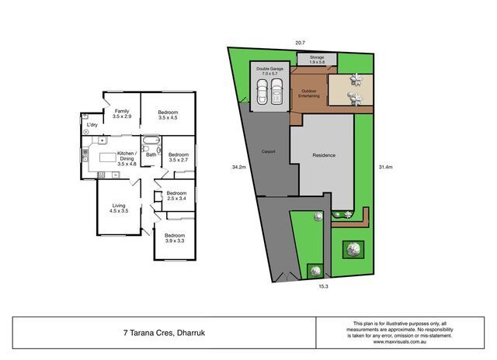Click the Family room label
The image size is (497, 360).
[x=122, y=114]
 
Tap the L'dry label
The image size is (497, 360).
[x=92, y=125]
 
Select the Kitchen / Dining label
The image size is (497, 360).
[x=127, y=158]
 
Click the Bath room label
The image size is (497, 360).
[x=151, y=155]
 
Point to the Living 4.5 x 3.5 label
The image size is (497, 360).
[x=119, y=208]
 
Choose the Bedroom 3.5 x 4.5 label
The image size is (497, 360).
[x=168, y=115]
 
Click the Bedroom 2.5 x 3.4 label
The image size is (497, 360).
[x=176, y=196]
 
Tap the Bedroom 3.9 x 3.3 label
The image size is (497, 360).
[x=175, y=238]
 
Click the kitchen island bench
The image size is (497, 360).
[x=108, y=157]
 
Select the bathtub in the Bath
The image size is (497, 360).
[x=151, y=140]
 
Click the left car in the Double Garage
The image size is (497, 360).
[x=262, y=92]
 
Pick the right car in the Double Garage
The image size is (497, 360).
[x=276, y=92]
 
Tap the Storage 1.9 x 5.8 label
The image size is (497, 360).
[x=317, y=60]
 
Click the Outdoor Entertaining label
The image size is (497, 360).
[x=309, y=93]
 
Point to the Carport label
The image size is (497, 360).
[x=268, y=151]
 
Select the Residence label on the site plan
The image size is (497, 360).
[x=324, y=155]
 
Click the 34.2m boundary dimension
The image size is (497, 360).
[x=239, y=167]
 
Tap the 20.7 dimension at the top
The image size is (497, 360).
[x=301, y=43]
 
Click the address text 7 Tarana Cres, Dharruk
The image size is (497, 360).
[x=164, y=333]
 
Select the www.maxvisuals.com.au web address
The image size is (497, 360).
[x=400, y=342]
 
